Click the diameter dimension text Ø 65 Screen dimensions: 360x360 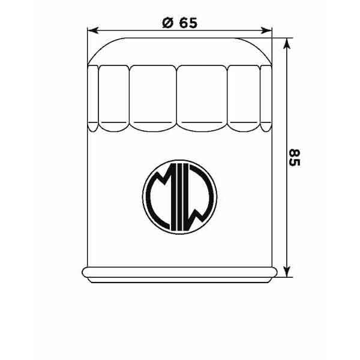click(x=179, y=23)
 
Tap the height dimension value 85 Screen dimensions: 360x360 click(x=293, y=157)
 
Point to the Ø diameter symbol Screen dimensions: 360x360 click(x=167, y=23)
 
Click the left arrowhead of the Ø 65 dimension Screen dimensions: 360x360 click(x=92, y=29)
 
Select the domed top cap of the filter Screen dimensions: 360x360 click(x=179, y=50)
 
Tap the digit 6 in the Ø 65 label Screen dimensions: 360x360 click(x=183, y=23)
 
